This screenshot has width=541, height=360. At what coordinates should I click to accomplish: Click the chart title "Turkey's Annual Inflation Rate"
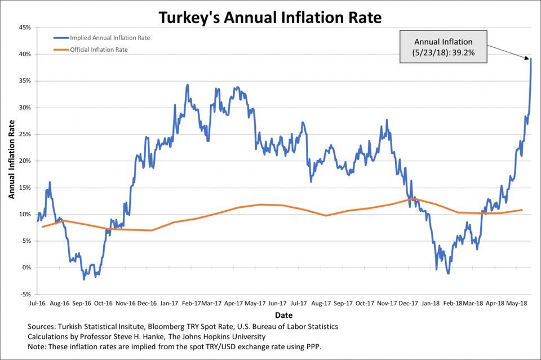point(270,17)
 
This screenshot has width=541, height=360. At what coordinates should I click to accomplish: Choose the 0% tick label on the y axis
point(26,268)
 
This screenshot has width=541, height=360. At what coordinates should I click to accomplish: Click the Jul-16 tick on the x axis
point(38,303)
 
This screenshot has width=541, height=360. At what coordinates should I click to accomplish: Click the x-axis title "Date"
point(283,314)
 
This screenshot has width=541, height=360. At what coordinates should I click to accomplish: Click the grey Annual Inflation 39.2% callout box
point(443,46)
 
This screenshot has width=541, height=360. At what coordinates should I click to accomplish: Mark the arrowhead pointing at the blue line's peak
point(529,57)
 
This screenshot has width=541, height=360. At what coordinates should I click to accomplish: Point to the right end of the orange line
point(522,210)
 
